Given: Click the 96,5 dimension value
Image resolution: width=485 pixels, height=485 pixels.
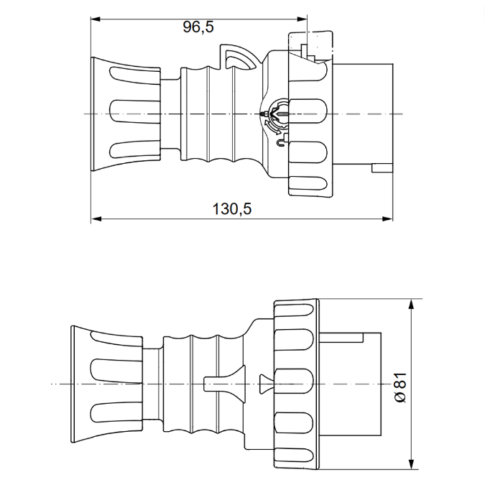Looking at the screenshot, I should pyautogui.click(x=198, y=27).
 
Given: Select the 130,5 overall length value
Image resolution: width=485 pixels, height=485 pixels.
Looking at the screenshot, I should pyautogui.click(x=231, y=209).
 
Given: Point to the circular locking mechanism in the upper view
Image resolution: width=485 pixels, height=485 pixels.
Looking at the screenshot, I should pyautogui.click(x=274, y=112).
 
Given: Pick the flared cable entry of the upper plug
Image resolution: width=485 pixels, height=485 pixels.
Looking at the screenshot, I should pyautogui.click(x=126, y=114).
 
